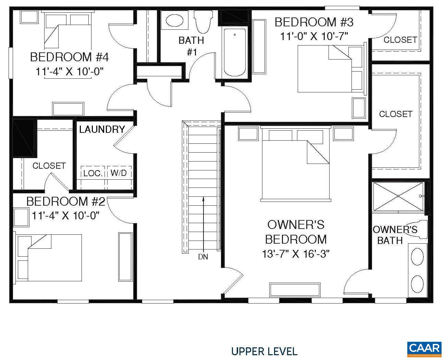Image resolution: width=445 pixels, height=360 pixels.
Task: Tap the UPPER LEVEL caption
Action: point(264,351)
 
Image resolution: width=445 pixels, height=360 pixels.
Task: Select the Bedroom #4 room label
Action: point(69,57)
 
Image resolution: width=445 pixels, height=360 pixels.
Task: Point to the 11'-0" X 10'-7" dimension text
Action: point(314,36)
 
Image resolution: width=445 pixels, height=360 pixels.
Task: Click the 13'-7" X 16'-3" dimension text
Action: point(296,254)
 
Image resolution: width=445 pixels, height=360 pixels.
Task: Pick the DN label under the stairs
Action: point(203,257)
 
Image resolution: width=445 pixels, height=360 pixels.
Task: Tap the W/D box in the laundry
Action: point(119,173)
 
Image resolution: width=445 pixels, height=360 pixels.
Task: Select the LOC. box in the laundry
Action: point(93,173)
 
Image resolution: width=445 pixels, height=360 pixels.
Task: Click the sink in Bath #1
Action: point(174,21)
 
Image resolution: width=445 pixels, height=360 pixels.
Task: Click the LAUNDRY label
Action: point(102,129)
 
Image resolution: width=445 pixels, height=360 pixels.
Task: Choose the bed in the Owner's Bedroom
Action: point(295,163)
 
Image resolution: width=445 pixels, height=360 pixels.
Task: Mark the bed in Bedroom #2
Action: point(48,257)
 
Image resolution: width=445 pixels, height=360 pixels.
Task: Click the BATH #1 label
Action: point(191,46)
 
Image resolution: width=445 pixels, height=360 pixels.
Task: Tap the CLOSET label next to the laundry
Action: point(49,166)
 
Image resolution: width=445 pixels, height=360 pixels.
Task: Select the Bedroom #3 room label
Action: point(314,22)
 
